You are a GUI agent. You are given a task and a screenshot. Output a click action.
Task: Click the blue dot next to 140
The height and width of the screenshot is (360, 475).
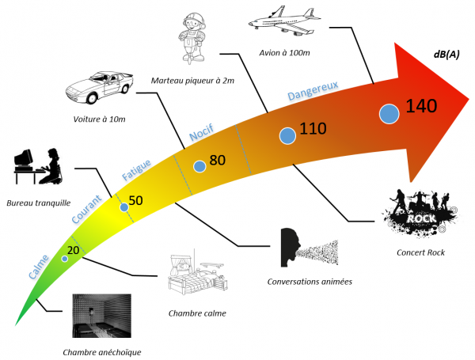(389, 114)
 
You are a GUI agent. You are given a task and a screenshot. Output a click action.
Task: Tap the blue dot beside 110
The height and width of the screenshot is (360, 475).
(288, 136)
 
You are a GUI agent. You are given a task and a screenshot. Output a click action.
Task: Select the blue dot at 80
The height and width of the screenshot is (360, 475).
(199, 166)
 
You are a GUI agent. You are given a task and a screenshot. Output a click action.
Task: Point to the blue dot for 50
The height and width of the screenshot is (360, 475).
(123, 207)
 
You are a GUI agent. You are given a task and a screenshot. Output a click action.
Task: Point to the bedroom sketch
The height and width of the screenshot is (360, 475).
(196, 275)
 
